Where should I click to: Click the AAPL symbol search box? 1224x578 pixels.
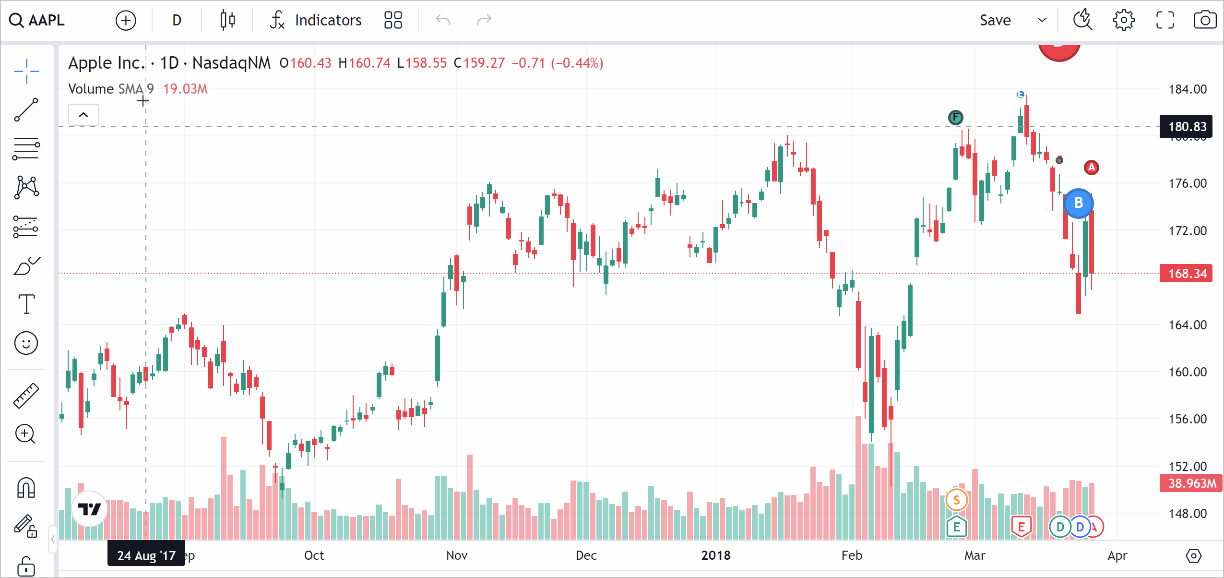pos(37,20)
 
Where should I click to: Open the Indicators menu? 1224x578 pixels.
pos(316,20)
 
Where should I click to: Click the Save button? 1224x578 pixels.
pos(995,20)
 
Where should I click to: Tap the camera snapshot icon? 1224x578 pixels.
pos(1205,20)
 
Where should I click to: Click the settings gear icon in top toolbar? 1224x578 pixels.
pos(1123,20)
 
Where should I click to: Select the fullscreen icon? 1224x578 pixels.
pos(1165,20)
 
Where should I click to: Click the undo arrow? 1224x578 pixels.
pos(443,20)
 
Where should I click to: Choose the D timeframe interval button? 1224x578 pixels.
pos(177,20)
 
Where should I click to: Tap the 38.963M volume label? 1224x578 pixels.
pos(1191,483)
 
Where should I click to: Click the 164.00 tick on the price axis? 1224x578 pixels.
pos(1187,325)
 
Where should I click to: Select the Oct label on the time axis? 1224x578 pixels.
pos(314,555)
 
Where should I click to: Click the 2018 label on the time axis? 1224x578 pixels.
pos(715,555)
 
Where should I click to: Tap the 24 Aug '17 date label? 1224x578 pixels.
pos(146,555)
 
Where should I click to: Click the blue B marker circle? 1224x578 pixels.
pos(1078,203)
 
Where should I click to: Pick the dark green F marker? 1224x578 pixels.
pos(955,117)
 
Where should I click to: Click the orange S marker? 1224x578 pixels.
pos(956,500)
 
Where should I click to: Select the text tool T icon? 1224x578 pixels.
pos(26,304)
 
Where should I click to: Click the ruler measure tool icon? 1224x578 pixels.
pos(26,396)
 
